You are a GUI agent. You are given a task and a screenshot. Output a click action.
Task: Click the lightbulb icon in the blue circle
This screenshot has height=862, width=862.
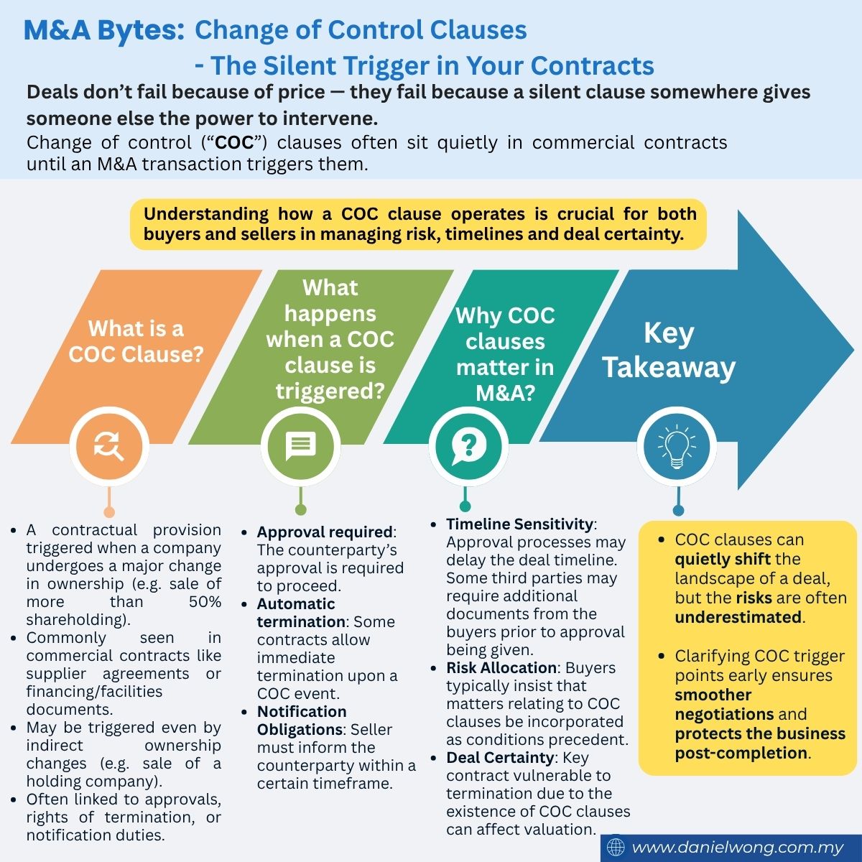tap(677, 446)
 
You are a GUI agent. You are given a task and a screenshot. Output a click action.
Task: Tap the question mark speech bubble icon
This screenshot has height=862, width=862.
tap(468, 446)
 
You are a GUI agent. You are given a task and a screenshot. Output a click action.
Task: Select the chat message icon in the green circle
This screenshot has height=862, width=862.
tap(300, 446)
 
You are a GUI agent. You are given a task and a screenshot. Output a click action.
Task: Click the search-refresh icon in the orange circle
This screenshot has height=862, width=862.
tap(108, 446)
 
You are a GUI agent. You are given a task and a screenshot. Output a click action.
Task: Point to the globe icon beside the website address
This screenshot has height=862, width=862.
tap(616, 847)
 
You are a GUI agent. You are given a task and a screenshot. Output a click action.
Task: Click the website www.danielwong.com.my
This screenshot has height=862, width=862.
tap(738, 847)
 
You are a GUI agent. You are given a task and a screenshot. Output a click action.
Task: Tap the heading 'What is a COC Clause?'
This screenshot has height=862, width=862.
tap(136, 341)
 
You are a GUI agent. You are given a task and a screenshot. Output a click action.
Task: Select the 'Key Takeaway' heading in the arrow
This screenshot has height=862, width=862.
tap(669, 351)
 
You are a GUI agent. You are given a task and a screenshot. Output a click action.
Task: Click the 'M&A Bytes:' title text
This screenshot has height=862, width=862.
tap(103, 30)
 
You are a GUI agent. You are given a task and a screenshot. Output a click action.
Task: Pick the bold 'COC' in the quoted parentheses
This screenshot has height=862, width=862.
tap(235, 143)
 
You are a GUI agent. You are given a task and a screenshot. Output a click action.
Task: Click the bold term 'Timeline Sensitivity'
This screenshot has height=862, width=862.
tap(519, 524)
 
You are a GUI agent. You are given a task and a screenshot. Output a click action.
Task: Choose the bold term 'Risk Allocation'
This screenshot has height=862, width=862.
tap(501, 667)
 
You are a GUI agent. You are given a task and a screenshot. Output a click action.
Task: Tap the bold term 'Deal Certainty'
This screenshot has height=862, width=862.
tap(500, 757)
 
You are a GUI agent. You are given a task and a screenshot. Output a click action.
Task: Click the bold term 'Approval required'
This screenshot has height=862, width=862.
tap(325, 532)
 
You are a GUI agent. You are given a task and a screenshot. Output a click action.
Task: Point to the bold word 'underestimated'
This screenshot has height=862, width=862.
tap(738, 617)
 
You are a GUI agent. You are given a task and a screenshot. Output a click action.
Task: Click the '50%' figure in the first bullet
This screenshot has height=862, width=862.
tap(205, 602)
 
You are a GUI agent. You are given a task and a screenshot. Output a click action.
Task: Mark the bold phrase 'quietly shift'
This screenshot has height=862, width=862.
tap(723, 560)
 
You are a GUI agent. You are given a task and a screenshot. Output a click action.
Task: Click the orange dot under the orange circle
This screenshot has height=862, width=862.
tap(109, 511)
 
